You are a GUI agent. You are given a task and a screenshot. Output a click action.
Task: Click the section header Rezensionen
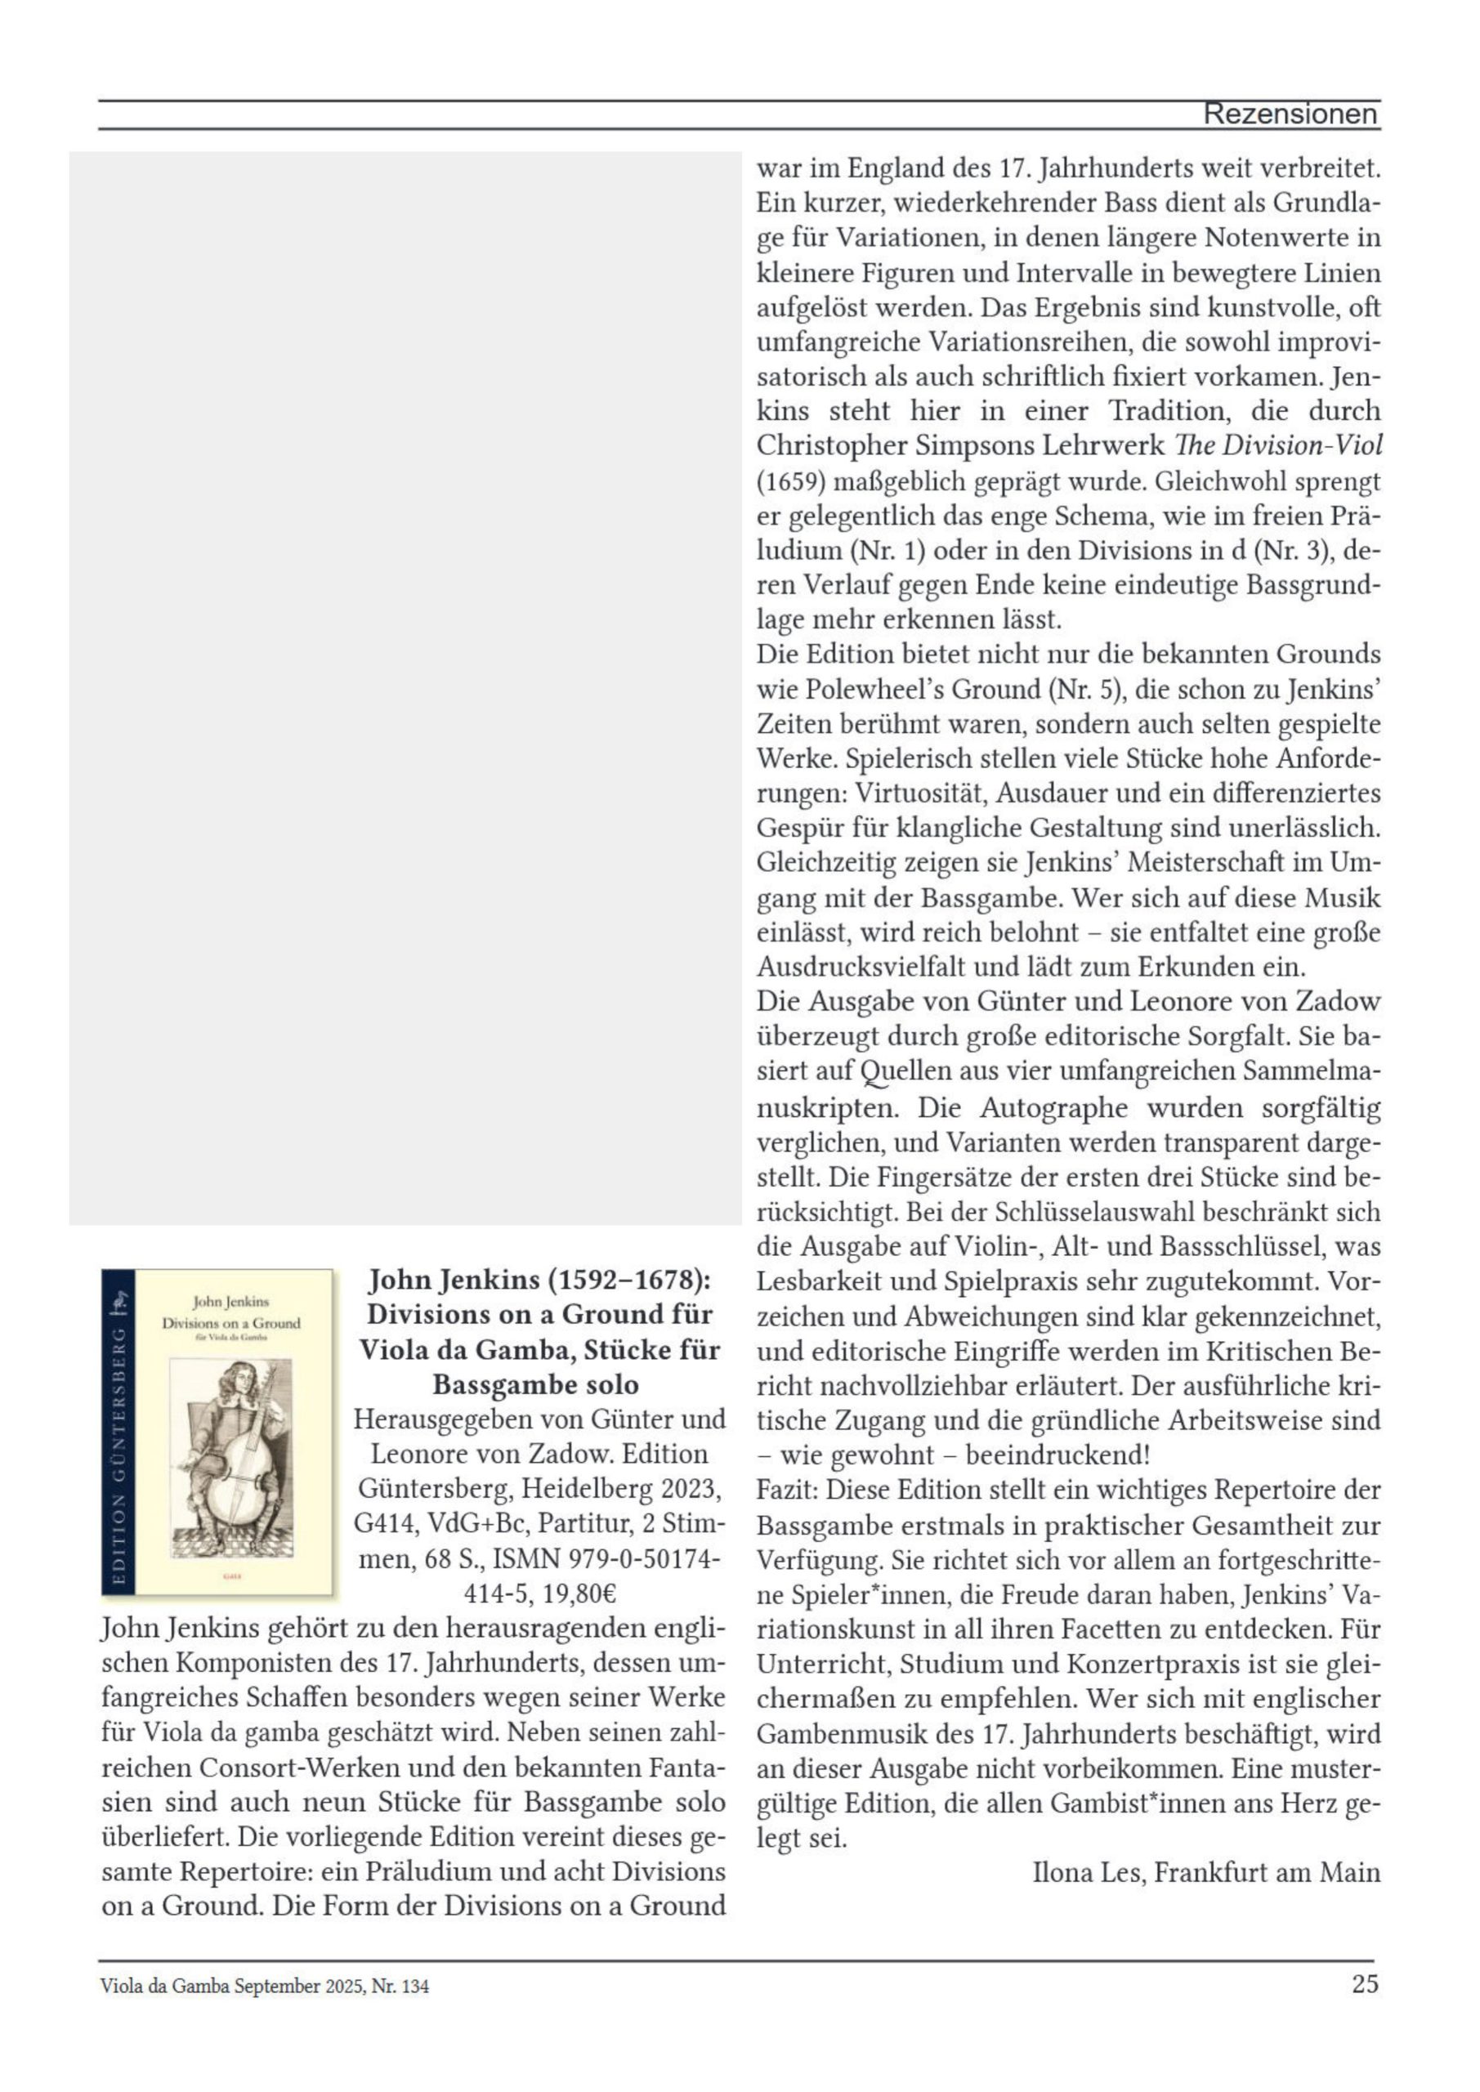coord(1290,114)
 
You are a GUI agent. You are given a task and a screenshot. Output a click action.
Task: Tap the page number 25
coord(1364,1983)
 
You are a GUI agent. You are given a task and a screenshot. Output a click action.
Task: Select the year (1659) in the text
coord(790,481)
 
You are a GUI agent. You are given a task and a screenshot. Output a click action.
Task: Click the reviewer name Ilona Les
coord(1091,1872)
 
